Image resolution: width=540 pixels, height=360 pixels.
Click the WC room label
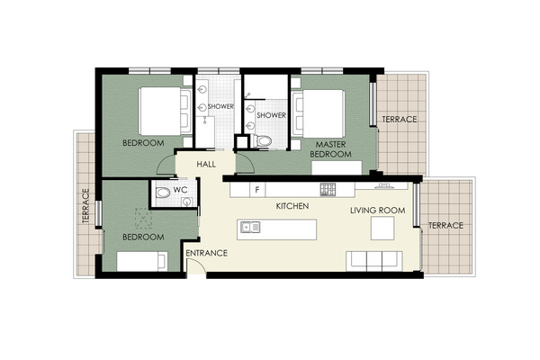point(180,190)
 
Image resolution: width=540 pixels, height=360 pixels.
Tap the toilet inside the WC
point(162,193)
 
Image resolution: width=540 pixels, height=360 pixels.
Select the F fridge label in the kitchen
point(256,190)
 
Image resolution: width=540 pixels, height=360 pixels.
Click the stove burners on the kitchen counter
point(328,190)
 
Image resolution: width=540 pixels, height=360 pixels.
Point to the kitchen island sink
point(250,227)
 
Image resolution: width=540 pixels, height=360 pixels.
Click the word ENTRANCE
point(207,253)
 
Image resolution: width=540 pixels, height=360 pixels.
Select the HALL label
point(206,165)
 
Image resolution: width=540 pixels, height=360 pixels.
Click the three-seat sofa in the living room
point(374,261)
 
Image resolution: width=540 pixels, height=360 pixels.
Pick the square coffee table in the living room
point(382,228)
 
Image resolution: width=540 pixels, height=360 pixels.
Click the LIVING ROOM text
point(378,211)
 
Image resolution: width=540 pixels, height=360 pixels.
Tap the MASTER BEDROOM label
point(330,149)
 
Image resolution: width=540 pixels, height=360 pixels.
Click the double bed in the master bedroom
point(319,114)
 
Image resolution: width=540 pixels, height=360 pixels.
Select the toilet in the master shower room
point(261,141)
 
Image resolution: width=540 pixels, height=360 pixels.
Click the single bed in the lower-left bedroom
point(142,262)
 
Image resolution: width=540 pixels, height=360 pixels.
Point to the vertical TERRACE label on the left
point(85,206)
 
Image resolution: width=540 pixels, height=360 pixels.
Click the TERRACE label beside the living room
point(445,226)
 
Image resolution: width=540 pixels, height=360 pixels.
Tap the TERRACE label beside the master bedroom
point(400,119)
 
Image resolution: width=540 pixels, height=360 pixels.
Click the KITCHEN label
point(292,206)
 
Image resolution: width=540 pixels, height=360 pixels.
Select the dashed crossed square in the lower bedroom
point(143,219)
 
